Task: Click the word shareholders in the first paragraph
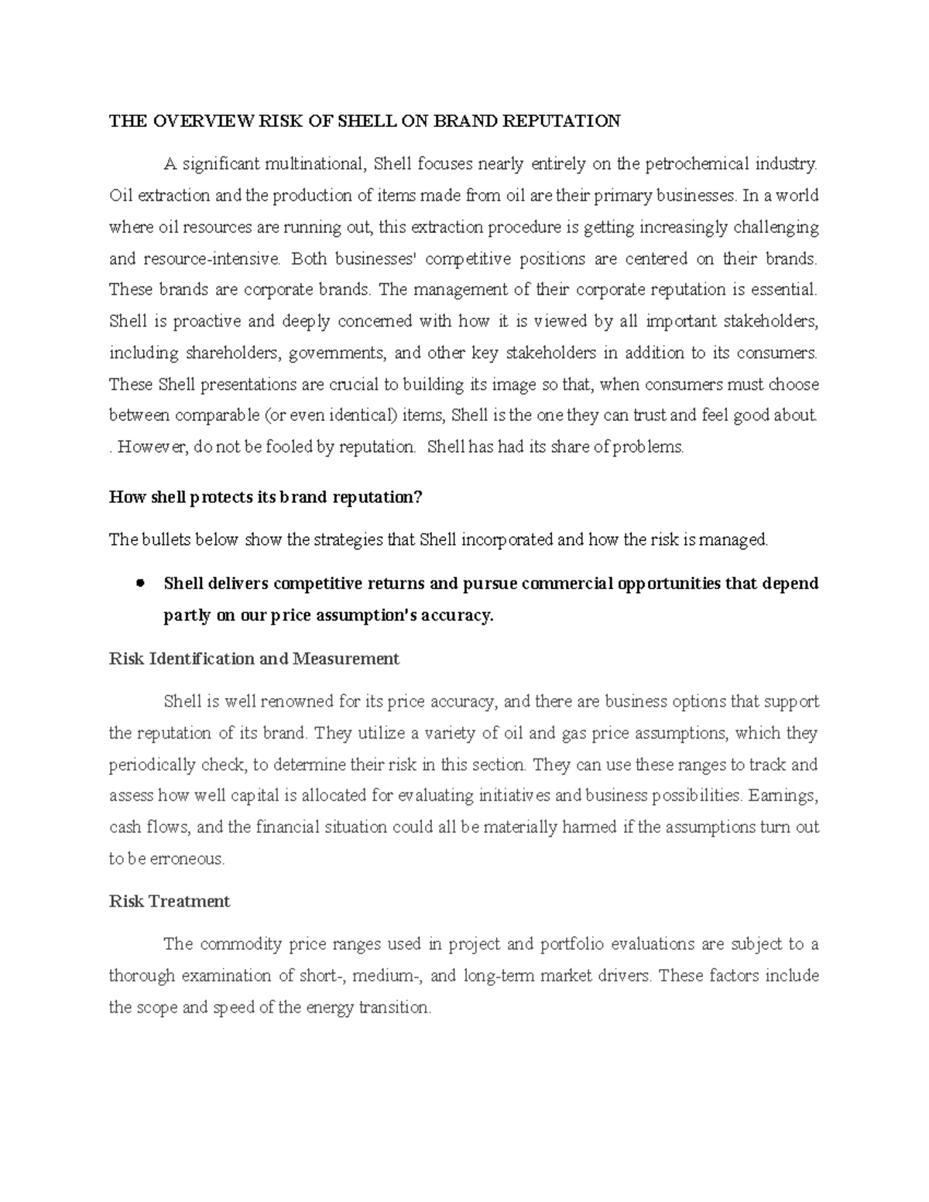click(x=232, y=353)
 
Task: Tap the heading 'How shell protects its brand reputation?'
click(x=266, y=497)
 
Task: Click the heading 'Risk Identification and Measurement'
click(x=254, y=659)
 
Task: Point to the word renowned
click(x=295, y=702)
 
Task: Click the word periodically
click(x=153, y=765)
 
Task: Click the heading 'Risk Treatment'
click(x=170, y=902)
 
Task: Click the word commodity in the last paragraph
click(x=242, y=944)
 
